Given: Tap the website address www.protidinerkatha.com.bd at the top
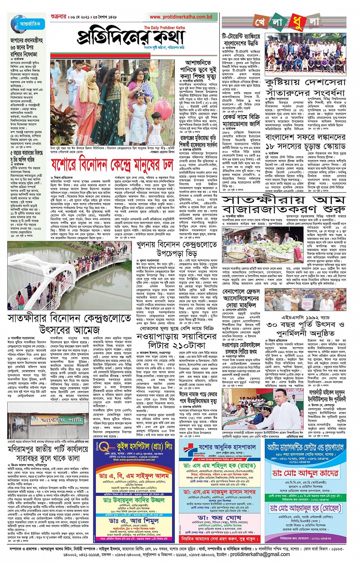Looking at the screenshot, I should [181, 17].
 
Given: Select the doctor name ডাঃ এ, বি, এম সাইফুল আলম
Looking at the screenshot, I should [134, 476].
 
